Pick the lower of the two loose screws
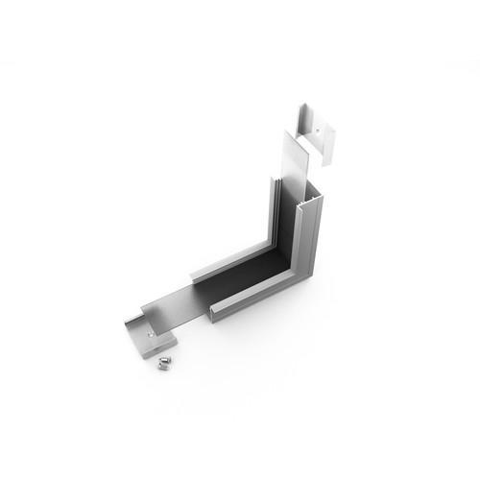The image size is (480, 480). coord(158,366)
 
